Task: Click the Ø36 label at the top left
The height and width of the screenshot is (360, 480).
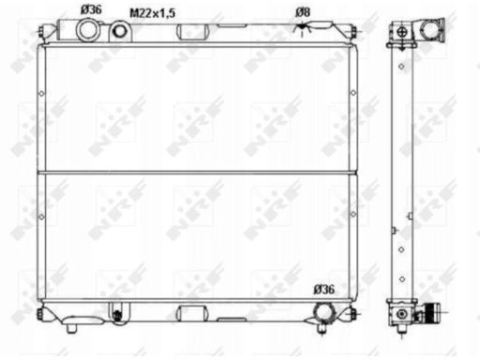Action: tap(91, 9)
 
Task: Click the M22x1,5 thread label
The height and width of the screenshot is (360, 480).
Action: tap(153, 13)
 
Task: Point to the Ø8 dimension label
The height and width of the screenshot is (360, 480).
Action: tap(303, 12)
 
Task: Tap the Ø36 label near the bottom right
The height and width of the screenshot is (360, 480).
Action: tap(324, 290)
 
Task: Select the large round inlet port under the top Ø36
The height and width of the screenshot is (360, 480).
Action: tap(87, 30)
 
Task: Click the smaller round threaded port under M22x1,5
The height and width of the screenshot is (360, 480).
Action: tap(120, 31)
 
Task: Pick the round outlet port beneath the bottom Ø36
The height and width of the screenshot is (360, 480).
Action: tap(324, 313)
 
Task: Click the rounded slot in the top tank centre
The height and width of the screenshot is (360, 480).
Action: tap(192, 32)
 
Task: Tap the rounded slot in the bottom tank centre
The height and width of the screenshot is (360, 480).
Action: tap(192, 313)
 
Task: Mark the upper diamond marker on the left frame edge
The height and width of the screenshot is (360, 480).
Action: tap(41, 93)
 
